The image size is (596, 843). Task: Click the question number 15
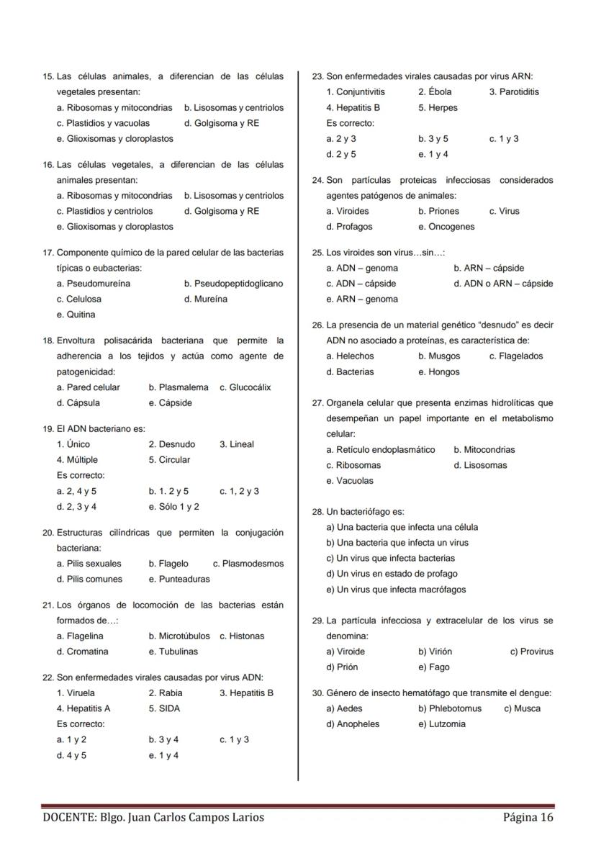pyautogui.click(x=48, y=76)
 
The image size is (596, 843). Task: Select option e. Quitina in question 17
pyautogui.click(x=76, y=315)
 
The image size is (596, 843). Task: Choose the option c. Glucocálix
pyautogui.click(x=245, y=387)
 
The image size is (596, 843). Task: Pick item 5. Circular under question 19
pyautogui.click(x=169, y=460)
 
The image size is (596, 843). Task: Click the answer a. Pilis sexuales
pyautogui.click(x=89, y=564)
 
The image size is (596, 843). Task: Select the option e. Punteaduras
pyautogui.click(x=179, y=580)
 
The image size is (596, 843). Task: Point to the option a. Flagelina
pyautogui.click(x=79, y=636)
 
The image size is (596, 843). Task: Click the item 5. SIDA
pyautogui.click(x=164, y=708)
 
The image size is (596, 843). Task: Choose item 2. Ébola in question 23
pyautogui.click(x=435, y=92)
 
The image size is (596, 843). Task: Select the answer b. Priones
pyautogui.click(x=438, y=212)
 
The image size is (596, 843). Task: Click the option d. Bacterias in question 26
pyautogui.click(x=350, y=372)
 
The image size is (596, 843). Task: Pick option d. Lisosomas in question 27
pyautogui.click(x=480, y=466)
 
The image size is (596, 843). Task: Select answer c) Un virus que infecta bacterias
pyautogui.click(x=390, y=559)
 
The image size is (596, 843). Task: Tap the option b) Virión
pyautogui.click(x=435, y=652)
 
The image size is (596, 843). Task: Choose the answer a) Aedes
pyautogui.click(x=344, y=709)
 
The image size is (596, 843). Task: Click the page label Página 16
pyautogui.click(x=528, y=817)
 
